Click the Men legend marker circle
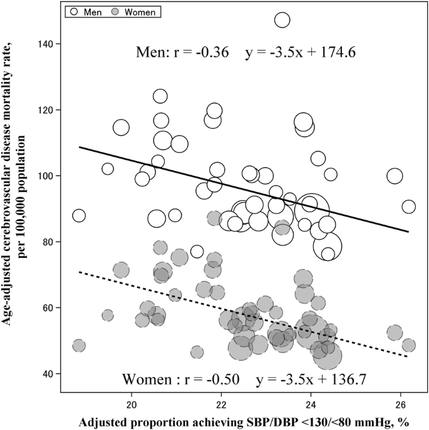point(73,11)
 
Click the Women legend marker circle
point(115,11)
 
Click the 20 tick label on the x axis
point(132,404)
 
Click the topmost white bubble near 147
point(282,20)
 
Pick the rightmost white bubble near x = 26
point(408,207)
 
